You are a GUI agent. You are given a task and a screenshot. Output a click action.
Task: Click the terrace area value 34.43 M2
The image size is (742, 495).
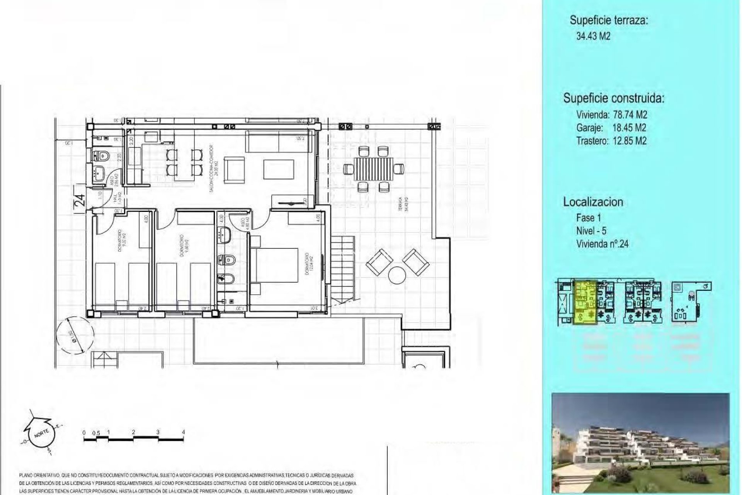[x=593, y=36]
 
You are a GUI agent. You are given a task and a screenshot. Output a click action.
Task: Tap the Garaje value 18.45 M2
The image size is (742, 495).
[x=629, y=128]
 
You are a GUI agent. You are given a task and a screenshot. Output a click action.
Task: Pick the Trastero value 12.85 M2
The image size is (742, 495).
[x=629, y=141]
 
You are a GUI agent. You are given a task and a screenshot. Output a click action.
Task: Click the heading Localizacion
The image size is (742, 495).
[x=593, y=202]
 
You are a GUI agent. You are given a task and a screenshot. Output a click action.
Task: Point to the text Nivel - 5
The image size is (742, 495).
[x=591, y=231]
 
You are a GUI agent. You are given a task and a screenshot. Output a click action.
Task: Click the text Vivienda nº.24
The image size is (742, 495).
[x=602, y=244]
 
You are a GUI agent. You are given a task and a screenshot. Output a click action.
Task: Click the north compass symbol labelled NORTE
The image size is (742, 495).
[x=40, y=434]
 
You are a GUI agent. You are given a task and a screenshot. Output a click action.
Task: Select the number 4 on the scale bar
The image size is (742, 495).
[x=183, y=432]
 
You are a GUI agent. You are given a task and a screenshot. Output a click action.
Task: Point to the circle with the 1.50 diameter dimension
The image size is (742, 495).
[x=75, y=333]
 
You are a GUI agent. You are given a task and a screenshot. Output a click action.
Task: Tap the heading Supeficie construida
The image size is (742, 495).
[x=613, y=98]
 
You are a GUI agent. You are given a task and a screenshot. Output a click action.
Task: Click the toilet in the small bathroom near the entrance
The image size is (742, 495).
[x=102, y=156]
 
